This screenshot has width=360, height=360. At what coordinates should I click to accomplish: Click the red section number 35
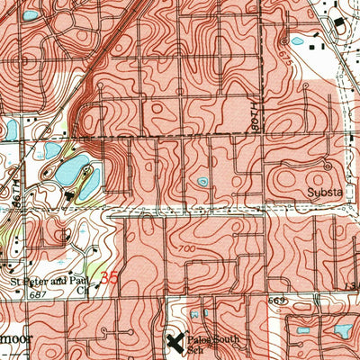click(109, 279)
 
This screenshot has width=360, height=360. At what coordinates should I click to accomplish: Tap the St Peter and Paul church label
click(52, 283)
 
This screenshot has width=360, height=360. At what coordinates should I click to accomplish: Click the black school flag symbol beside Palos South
click(175, 341)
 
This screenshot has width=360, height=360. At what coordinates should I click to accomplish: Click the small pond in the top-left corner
click(30, 15)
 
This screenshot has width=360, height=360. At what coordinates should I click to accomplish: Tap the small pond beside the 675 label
click(296, 40)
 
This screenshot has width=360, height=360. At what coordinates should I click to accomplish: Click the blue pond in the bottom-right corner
click(343, 330)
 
